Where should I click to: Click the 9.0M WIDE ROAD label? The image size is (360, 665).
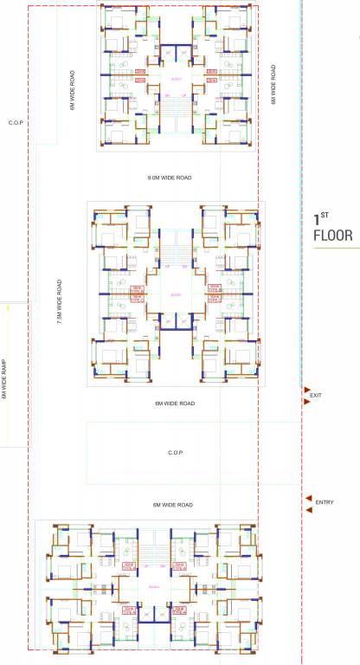point(170,178)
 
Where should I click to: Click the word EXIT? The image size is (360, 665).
point(316,396)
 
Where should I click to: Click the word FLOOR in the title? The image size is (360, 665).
point(332,234)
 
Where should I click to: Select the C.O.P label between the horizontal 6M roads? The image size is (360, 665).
point(175,453)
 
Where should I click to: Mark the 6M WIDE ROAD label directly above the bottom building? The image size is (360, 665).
point(172,504)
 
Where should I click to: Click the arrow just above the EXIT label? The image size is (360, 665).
point(306,389)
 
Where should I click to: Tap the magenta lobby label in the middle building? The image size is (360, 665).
point(175,295)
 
